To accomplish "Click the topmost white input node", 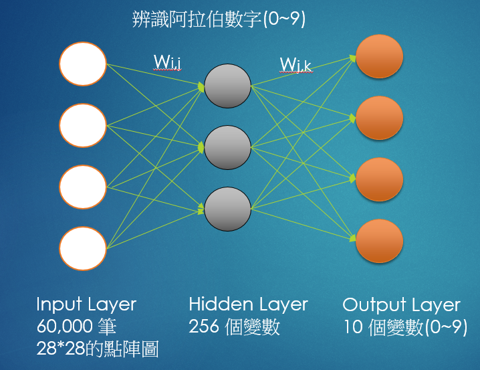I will coord(83,64).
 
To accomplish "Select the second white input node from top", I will coord(83,125).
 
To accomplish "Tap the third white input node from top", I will coord(83,187).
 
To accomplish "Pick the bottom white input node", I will coord(83,248).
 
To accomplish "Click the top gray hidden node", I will coord(227,86).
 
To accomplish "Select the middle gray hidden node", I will coord(227,148).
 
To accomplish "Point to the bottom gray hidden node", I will coord(227,209).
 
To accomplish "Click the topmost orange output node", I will coord(380,57).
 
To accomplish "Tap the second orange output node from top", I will coord(380,118).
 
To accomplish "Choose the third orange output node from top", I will coord(380,179).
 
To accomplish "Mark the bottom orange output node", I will coord(380,241).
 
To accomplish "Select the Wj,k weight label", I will coord(295,64).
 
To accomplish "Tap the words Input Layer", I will coord(86,305).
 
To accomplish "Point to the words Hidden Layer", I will coord(248,305).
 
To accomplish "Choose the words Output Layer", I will coord(401,306).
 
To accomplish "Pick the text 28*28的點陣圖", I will coord(98,349).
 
